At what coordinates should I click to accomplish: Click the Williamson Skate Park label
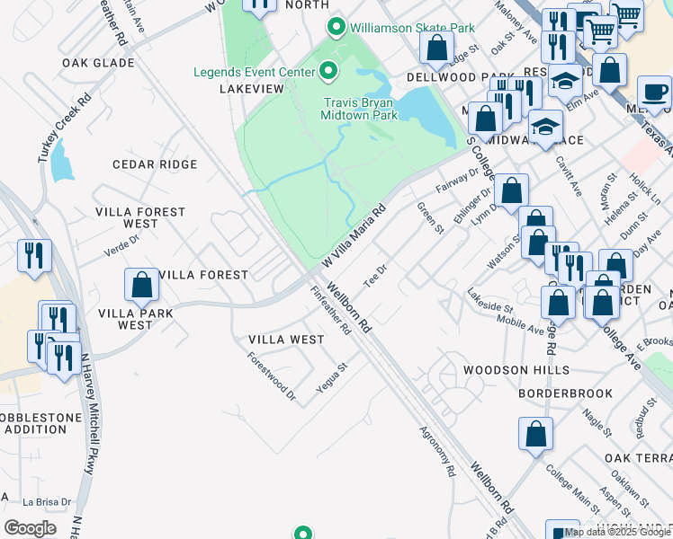pos(412,29)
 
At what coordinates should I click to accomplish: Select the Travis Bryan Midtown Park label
pos(360,110)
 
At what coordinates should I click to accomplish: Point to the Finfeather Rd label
pos(330,311)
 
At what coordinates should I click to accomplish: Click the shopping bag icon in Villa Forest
pos(142,285)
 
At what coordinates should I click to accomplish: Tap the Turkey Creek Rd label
pos(53,127)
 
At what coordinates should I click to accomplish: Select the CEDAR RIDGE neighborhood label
pos(154,164)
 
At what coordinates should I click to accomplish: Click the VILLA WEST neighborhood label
pos(286,340)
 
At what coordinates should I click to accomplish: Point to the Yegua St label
pos(332,378)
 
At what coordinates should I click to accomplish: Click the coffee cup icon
pos(654,93)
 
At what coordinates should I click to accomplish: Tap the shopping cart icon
pos(627,14)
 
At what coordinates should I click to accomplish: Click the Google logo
pos(31,527)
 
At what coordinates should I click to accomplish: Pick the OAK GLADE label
pos(98,63)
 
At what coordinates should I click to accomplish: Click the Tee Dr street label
pos(375,273)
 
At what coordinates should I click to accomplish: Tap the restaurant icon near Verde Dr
pos(34,256)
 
